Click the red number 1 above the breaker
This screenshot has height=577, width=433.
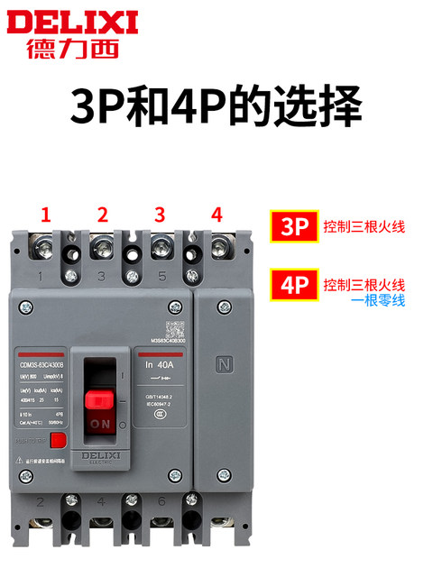45,215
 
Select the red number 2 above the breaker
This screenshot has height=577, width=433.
103,215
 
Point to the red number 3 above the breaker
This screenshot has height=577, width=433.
160,215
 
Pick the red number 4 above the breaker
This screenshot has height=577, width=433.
216,215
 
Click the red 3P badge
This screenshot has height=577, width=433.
294,226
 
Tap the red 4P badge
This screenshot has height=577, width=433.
294,287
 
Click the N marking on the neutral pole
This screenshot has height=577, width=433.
224,365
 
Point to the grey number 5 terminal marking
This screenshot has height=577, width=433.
161,276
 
